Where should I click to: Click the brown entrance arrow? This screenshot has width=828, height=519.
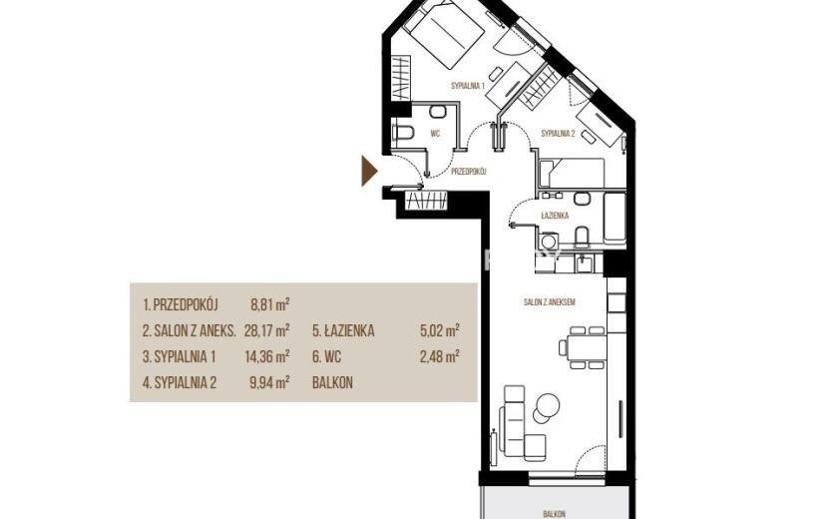pyautogui.click(x=368, y=171)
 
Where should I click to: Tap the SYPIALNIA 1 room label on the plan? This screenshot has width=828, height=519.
pyautogui.click(x=468, y=85)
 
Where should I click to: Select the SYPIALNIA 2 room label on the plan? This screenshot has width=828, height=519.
pyautogui.click(x=558, y=134)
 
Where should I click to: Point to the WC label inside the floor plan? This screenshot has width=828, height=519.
pyautogui.click(x=435, y=134)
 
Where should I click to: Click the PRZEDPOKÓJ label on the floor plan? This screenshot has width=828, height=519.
pyautogui.click(x=468, y=172)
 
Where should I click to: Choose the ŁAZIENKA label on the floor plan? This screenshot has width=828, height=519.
pyautogui.click(x=555, y=216)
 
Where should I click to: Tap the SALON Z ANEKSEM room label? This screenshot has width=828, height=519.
pyautogui.click(x=550, y=302)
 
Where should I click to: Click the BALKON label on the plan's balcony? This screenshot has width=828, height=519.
pyautogui.click(x=554, y=514)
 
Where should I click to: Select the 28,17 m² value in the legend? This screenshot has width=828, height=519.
pyautogui.click(x=266, y=330)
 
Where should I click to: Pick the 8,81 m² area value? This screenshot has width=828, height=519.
pyautogui.click(x=269, y=304)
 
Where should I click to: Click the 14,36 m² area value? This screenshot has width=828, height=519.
pyautogui.click(x=266, y=356)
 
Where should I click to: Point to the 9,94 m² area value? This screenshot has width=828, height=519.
pyautogui.click(x=269, y=382)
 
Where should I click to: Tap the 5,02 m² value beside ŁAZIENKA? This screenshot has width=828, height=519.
pyautogui.click(x=439, y=330)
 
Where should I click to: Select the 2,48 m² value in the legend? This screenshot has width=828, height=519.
pyautogui.click(x=439, y=356)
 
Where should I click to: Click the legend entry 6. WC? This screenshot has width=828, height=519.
pyautogui.click(x=327, y=356)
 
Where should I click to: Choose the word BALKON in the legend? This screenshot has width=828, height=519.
pyautogui.click(x=332, y=382)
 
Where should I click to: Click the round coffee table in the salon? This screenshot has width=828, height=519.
pyautogui.click(x=547, y=406)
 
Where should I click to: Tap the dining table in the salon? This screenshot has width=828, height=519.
pyautogui.click(x=587, y=347)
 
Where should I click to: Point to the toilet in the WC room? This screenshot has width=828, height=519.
pyautogui.click(x=403, y=132)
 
